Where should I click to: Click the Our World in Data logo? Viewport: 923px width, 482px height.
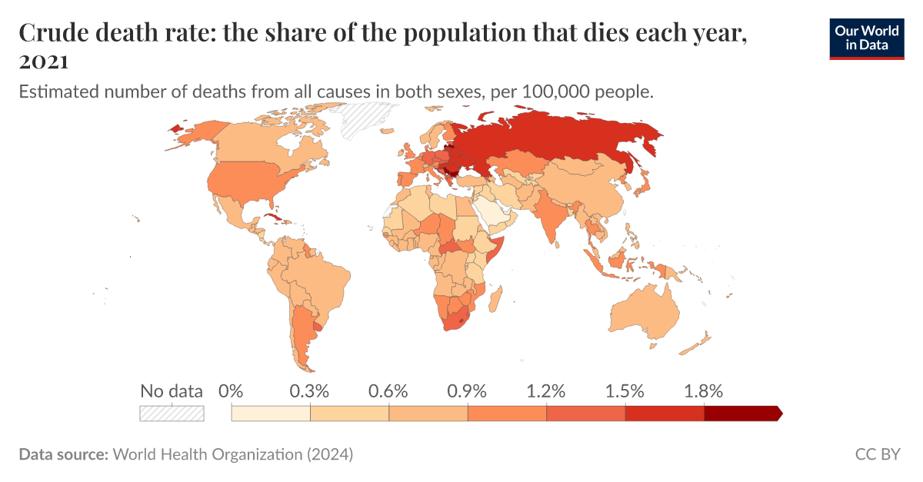(866, 36)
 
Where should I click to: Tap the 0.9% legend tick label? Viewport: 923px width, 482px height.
(466, 391)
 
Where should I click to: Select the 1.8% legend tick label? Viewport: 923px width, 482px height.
(703, 391)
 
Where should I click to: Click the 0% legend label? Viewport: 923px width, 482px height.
(231, 391)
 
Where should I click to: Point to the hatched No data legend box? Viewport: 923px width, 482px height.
(172, 414)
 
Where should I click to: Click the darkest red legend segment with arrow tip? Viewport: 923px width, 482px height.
(741, 414)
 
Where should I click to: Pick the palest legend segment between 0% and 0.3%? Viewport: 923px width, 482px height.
(270, 414)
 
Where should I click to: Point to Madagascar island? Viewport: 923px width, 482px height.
(496, 296)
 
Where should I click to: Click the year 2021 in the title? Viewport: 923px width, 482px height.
(44, 61)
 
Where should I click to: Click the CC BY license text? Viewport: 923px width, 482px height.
(877, 454)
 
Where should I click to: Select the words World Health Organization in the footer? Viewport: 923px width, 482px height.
(208, 454)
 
